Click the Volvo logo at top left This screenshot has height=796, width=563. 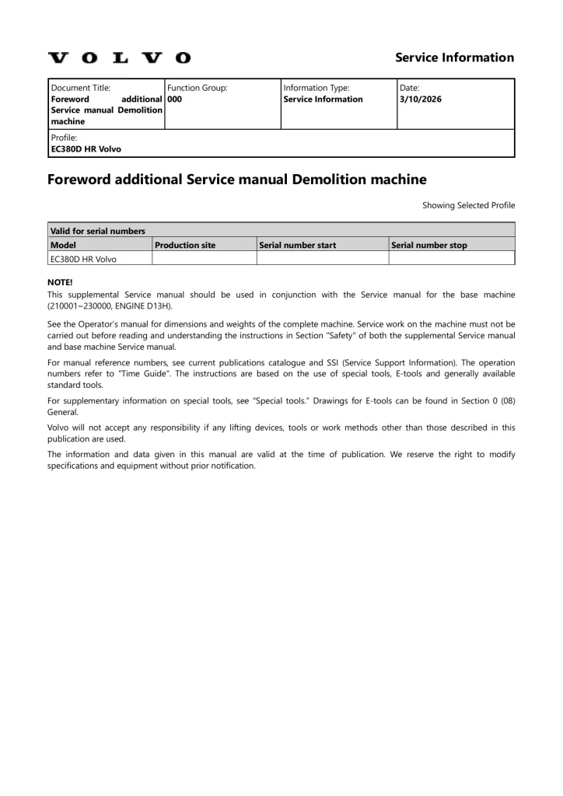pos(119,58)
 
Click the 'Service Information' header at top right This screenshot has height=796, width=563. pos(454,58)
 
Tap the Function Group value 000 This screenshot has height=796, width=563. pos(175,99)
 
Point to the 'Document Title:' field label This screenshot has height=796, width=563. pos(81,88)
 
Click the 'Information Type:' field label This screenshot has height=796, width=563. pos(316,88)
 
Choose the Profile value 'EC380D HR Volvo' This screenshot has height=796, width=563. pos(86,148)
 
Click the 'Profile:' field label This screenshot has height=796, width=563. pos(64,138)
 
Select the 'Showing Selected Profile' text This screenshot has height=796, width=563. pos(468,205)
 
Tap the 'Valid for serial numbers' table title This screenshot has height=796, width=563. pos(97,231)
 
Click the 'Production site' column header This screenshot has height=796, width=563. pos(185,245)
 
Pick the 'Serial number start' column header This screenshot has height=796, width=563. pos(298,245)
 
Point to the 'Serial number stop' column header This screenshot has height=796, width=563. pos(429,245)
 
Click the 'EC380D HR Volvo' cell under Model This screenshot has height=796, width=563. pos(83,259)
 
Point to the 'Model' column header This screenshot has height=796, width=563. pos(63,245)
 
